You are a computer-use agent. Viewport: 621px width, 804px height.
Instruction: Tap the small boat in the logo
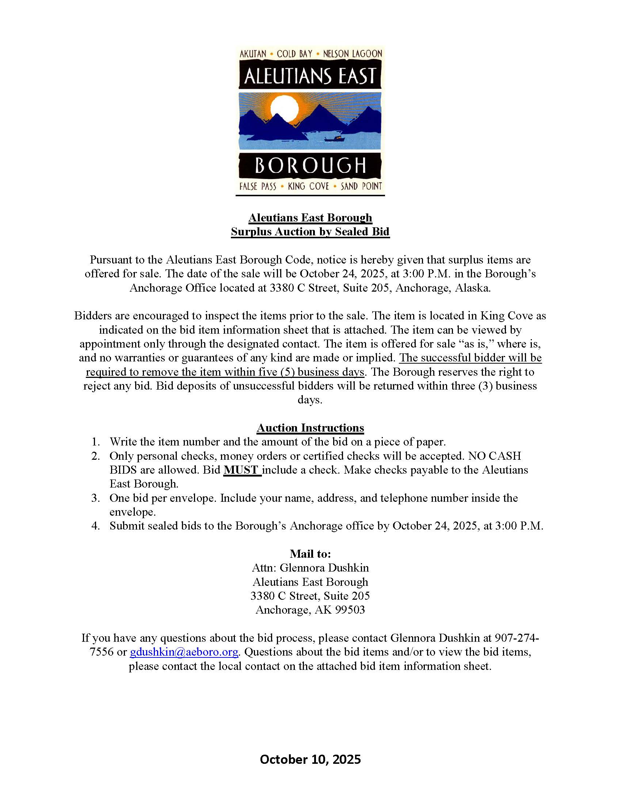[334, 139]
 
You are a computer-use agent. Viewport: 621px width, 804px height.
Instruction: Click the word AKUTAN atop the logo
[253, 54]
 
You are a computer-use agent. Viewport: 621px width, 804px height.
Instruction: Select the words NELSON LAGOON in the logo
[353, 54]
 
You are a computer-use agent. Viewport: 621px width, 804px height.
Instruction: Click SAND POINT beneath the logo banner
[361, 186]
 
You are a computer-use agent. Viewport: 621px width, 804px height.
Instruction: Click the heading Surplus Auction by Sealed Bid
[310, 232]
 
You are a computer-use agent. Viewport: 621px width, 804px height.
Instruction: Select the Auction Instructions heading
[310, 428]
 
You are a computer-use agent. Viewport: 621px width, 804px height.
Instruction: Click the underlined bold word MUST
[242, 470]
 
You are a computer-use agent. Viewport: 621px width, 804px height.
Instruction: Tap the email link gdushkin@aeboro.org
[184, 652]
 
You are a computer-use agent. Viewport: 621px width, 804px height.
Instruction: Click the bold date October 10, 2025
[310, 759]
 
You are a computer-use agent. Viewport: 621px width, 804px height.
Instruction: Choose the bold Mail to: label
[310, 554]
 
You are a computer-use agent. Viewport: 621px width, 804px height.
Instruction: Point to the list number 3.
[96, 498]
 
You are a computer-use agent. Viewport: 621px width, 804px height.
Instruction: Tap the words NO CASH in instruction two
[495, 456]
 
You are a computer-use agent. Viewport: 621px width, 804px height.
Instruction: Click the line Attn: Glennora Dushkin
[310, 568]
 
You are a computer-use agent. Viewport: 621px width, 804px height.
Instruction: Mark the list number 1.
[96, 442]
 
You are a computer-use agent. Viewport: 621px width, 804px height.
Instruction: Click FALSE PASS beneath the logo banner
[258, 186]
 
